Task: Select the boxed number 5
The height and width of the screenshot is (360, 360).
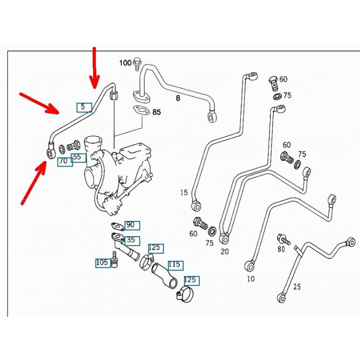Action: click(84, 107)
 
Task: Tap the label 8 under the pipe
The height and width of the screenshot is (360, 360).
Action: click(178, 98)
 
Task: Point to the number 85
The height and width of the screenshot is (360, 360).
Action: click(156, 112)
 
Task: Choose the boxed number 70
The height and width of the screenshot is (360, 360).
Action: click(64, 161)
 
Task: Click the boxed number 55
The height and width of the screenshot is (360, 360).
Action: click(78, 157)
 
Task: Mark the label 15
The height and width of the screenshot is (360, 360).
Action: click(184, 193)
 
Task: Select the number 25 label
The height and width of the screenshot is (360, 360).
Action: click(297, 286)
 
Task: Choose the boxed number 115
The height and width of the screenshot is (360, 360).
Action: click(175, 265)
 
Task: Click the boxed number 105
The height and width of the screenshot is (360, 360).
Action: click(103, 263)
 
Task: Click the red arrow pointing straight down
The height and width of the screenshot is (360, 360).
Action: click(94, 67)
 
